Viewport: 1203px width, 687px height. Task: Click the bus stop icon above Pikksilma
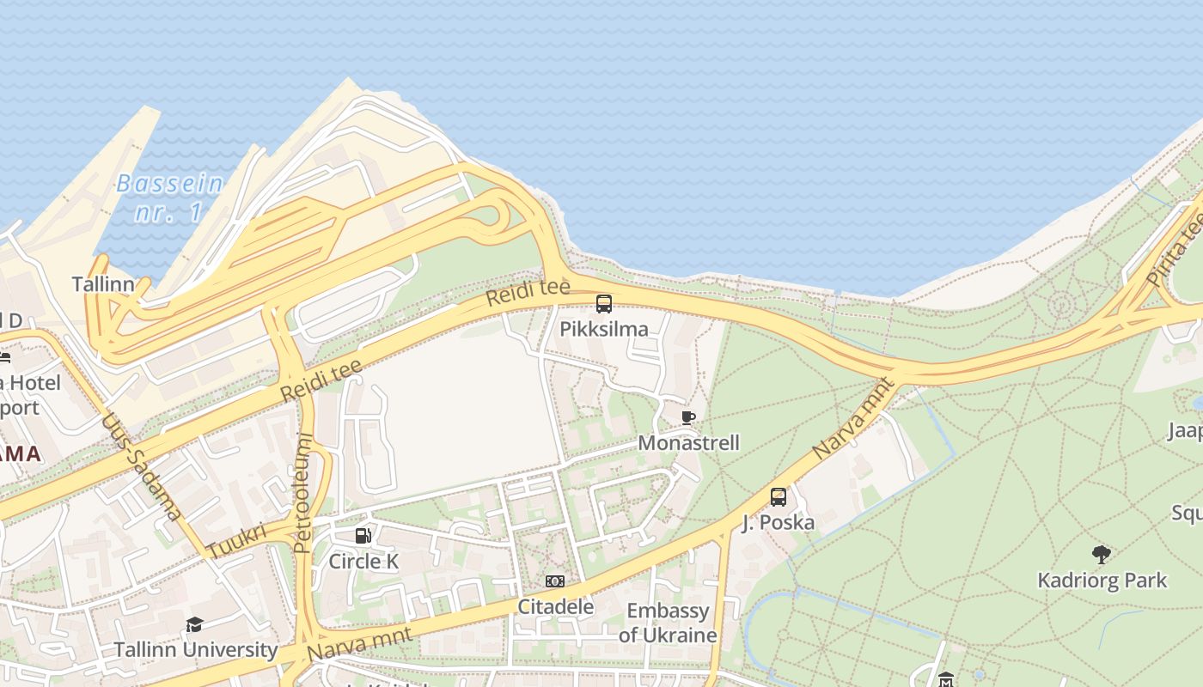(x=604, y=303)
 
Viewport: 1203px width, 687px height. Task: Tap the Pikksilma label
(x=604, y=329)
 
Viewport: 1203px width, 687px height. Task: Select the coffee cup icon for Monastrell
(x=687, y=418)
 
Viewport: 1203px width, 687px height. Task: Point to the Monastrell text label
(x=688, y=443)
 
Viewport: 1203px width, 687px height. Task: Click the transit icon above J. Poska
(x=779, y=496)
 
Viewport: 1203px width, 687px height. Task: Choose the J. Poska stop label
(x=779, y=522)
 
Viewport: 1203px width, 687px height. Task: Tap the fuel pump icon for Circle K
(x=363, y=536)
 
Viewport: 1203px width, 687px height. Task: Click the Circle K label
(x=363, y=562)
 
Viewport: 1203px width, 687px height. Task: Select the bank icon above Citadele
(x=555, y=581)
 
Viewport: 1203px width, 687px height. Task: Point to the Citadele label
(x=555, y=607)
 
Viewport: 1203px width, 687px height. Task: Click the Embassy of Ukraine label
(x=668, y=623)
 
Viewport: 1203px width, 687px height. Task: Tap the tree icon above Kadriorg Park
(x=1102, y=555)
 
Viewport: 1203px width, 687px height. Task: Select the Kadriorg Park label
(x=1102, y=581)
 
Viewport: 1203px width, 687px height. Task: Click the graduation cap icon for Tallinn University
(x=195, y=624)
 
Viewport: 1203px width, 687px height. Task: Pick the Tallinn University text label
(x=196, y=650)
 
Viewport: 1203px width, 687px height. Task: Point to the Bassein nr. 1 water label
(x=169, y=198)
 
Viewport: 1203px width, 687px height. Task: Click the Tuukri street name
(x=236, y=541)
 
